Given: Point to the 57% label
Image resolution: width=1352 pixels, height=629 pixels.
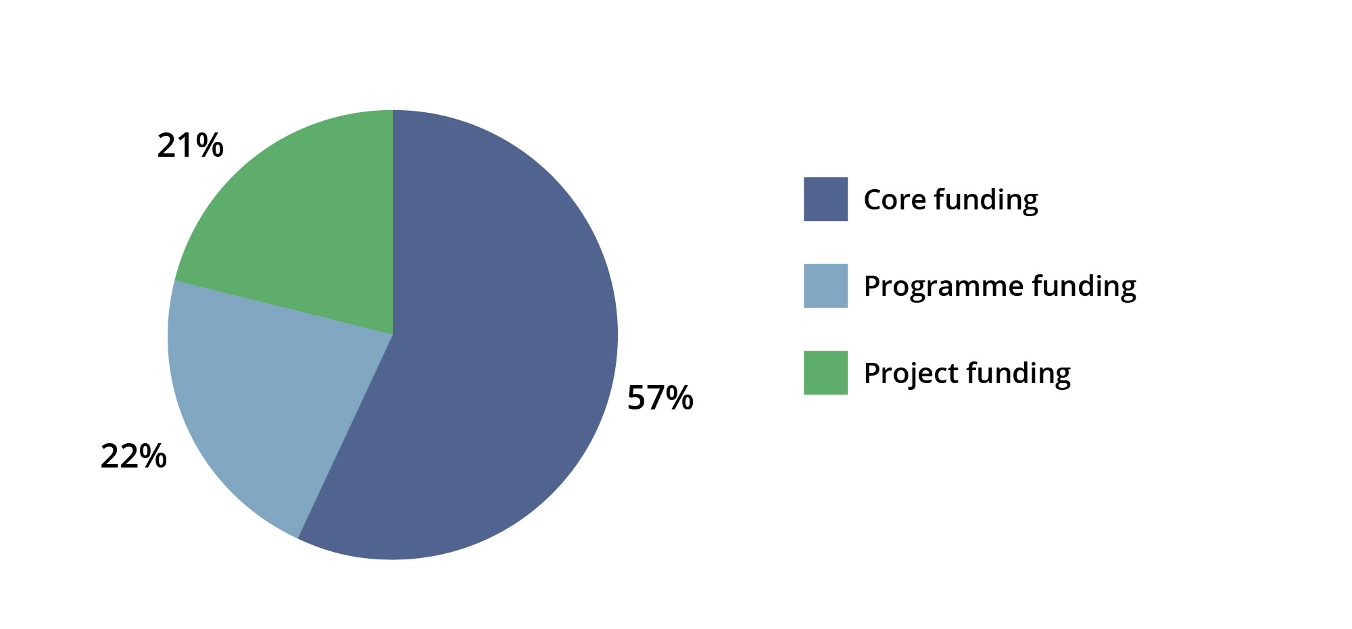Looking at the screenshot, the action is pos(660,397).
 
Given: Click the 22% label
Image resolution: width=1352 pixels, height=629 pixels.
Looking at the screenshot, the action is pos(133,456).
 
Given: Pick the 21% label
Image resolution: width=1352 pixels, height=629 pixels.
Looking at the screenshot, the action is pos(190,145).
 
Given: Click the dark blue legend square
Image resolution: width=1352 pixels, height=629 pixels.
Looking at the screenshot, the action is pos(825,199).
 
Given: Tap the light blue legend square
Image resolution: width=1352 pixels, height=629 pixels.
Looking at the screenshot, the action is pos(825,286).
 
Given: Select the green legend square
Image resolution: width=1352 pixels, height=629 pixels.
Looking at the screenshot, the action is pos(825,372).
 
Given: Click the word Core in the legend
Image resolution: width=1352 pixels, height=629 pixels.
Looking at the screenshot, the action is pos(895,199).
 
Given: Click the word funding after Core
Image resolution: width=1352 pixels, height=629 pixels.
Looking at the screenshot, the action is pos(986,200).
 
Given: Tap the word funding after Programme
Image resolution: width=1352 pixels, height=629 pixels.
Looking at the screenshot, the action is pos(1084,286).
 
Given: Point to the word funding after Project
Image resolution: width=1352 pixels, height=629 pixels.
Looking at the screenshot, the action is pos(1019,374).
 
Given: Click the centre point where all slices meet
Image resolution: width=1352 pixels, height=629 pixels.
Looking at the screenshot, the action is pos(393,334).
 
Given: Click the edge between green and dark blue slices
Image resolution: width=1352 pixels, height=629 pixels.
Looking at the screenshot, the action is pos(393,222).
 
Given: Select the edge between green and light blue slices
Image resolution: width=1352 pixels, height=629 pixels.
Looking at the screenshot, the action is pos(284,307).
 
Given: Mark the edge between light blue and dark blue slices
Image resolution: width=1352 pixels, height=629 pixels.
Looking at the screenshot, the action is pos(345,436).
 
